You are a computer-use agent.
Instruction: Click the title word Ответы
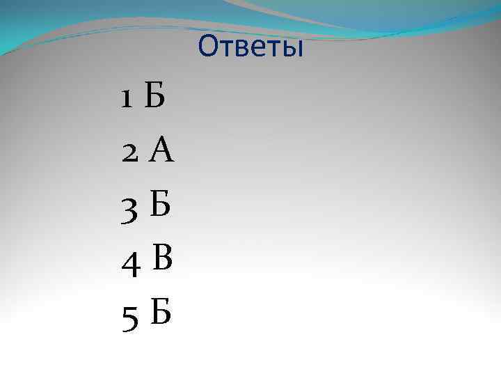coord(250,47)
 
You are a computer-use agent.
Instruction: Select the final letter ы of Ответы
coord(294,49)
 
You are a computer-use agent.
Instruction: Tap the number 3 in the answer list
coord(131,210)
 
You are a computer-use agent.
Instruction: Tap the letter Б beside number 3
coord(160,207)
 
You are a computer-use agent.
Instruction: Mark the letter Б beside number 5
coord(159,314)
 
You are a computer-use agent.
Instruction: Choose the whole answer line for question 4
coord(147,261)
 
